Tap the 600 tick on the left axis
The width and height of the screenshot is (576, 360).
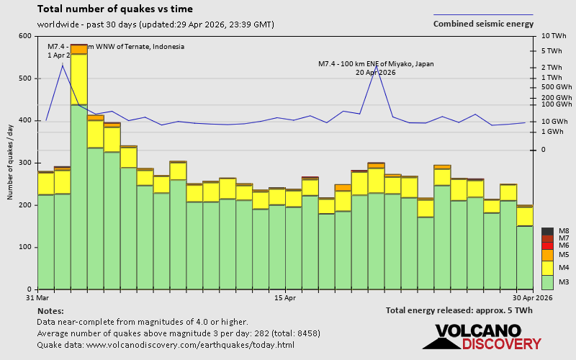[x=25, y=36]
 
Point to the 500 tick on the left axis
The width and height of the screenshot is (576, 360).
[x=25, y=78]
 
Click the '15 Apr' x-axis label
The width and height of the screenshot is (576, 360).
[x=285, y=297]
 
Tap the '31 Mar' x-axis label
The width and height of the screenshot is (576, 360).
[x=37, y=297]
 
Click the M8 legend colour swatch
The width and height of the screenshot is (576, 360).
[x=546, y=231]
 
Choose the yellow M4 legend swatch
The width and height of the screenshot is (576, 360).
[x=546, y=268]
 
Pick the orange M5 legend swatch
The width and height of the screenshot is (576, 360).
[x=546, y=255]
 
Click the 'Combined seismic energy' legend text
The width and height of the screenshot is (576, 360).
[x=483, y=24]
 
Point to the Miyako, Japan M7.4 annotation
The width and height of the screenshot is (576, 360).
[x=376, y=68]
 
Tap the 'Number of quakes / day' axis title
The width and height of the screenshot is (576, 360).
[x=11, y=163]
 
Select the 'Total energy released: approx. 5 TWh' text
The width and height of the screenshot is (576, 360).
[x=459, y=310]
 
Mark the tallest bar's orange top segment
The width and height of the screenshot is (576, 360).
[x=78, y=49]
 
